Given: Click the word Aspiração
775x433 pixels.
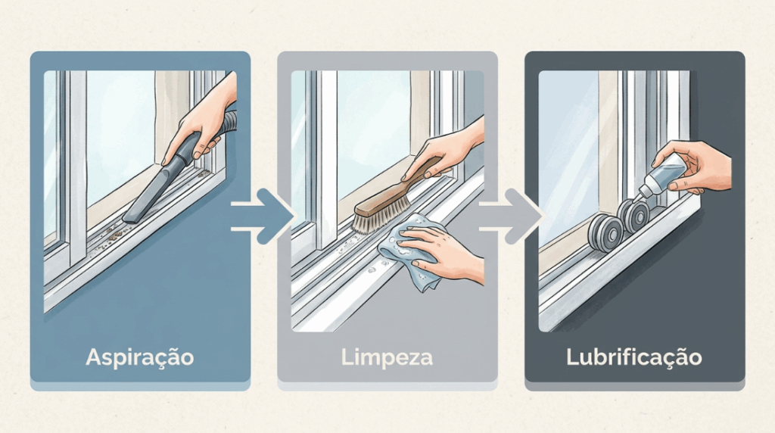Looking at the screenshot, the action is pyautogui.click(x=140, y=357).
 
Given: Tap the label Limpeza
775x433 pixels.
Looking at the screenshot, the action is pyautogui.click(x=387, y=357).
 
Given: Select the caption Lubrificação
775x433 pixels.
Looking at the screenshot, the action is pyautogui.click(x=634, y=357).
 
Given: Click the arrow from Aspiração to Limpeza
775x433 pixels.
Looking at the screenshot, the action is pyautogui.click(x=262, y=216).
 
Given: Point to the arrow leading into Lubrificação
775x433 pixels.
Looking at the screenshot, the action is pyautogui.click(x=510, y=216).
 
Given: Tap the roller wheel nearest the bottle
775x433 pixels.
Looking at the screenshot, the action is pyautogui.click(x=633, y=216).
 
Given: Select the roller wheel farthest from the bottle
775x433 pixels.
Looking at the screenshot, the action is pyautogui.click(x=605, y=233).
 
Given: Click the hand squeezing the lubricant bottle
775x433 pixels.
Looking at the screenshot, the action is pyautogui.click(x=697, y=166).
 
